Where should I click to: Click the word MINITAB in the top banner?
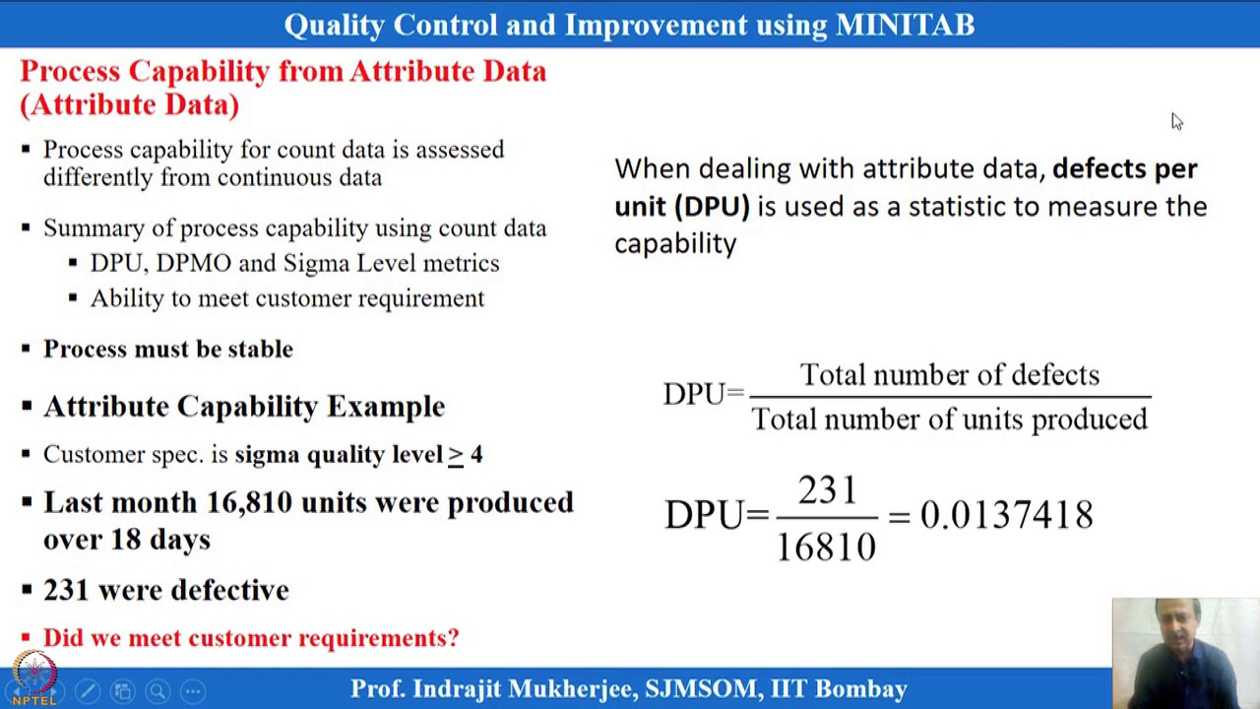tap(905, 25)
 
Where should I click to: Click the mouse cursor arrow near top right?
tap(1176, 121)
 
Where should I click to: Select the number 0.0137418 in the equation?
tap(1006, 515)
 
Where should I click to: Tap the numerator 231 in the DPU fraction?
tap(827, 490)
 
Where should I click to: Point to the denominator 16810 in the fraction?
tap(826, 545)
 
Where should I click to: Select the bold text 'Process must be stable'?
tap(168, 350)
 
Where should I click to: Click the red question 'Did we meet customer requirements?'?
tap(250, 638)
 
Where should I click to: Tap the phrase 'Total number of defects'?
tap(950, 375)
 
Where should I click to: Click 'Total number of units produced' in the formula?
tap(950, 419)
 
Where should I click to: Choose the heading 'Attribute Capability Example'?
tap(244, 407)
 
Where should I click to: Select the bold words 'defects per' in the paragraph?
tap(1124, 168)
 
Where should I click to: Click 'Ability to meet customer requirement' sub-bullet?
tap(287, 298)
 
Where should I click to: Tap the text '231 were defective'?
tap(166, 590)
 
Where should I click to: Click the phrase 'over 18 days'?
tap(127, 540)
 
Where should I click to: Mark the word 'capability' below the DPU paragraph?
tap(675, 243)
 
